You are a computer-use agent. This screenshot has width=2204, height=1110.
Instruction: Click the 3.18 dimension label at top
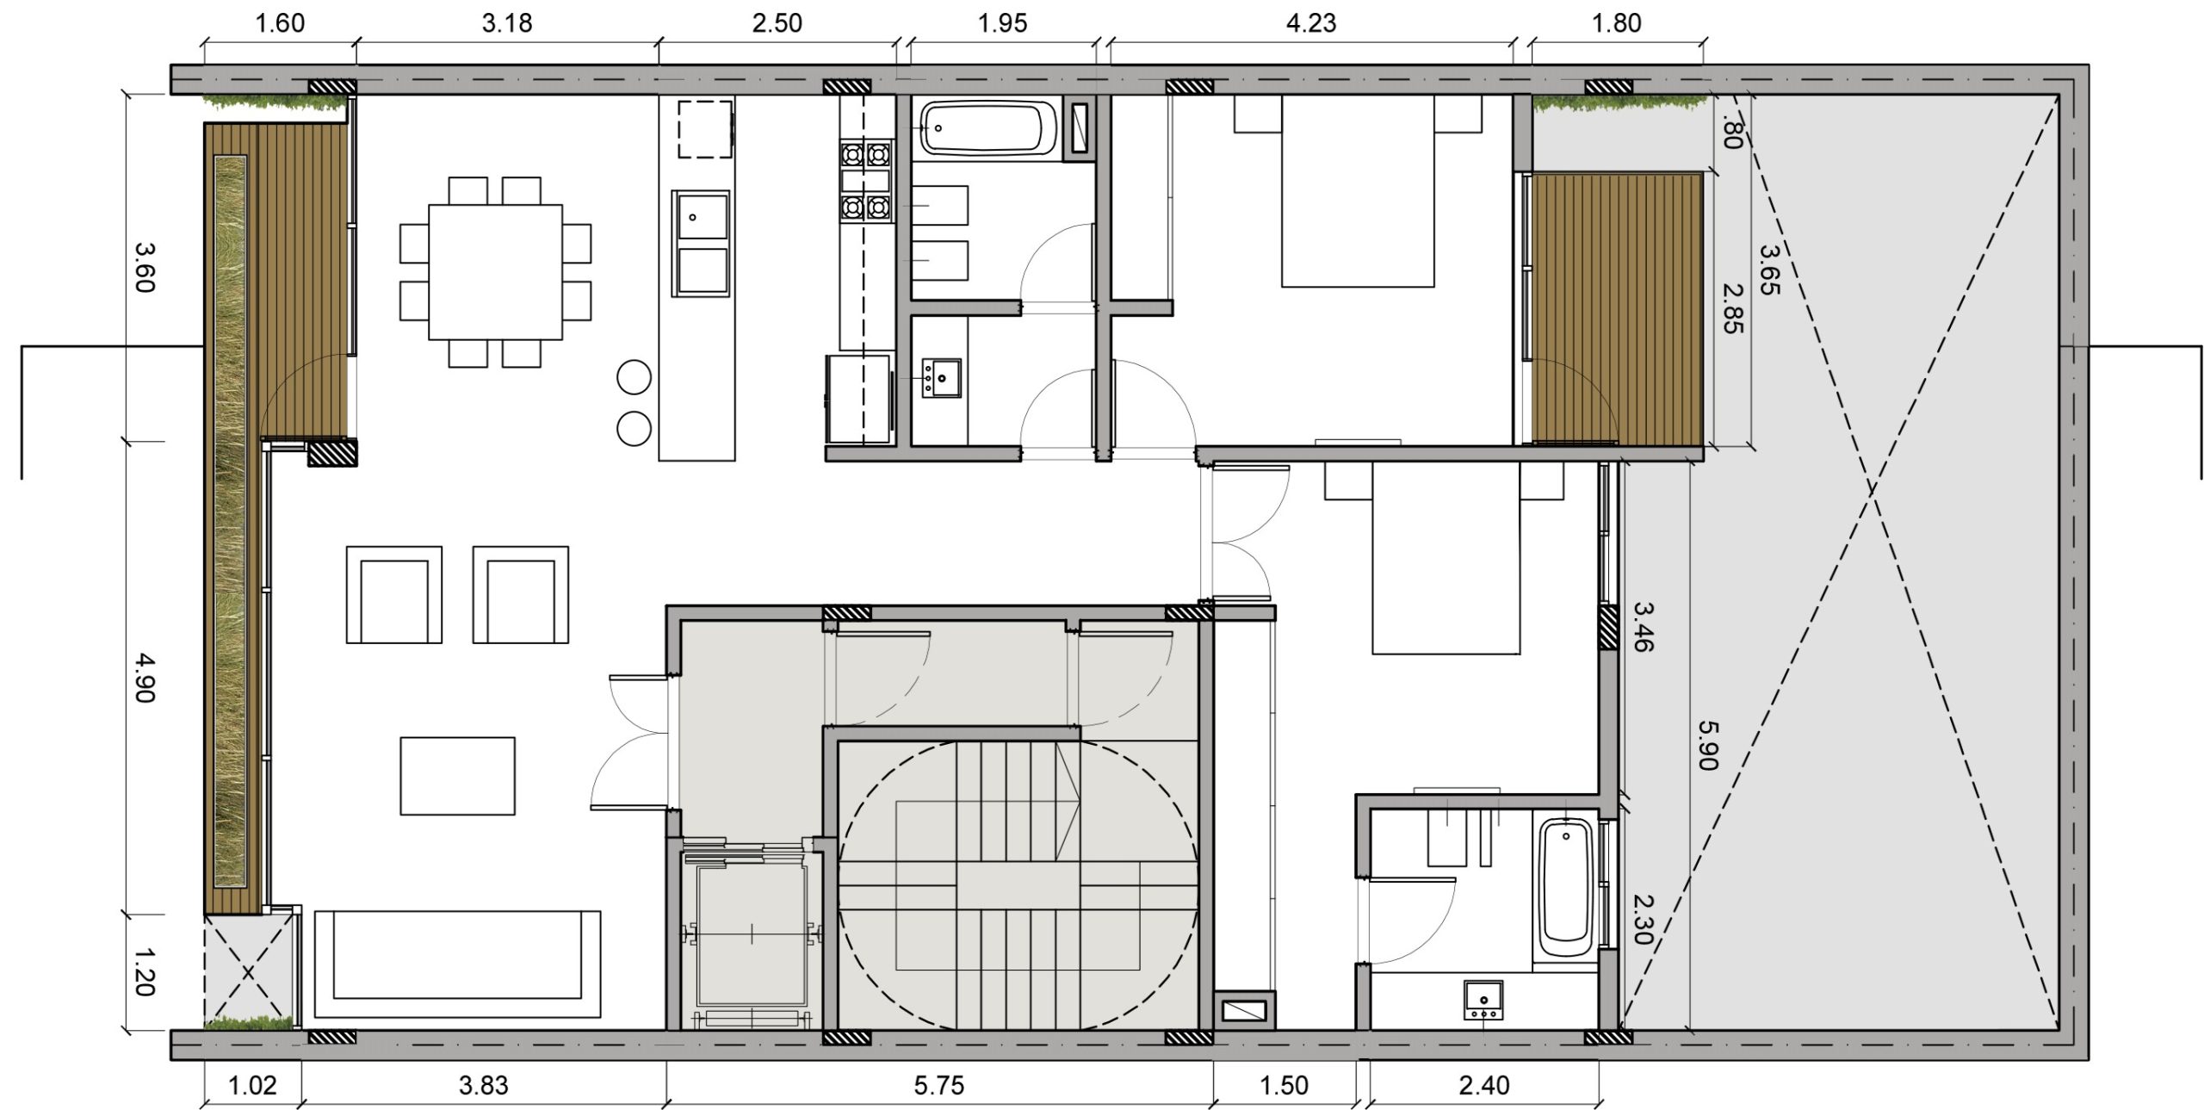pos(507,23)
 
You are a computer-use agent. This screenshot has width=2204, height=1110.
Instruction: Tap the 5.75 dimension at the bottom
pos(938,1086)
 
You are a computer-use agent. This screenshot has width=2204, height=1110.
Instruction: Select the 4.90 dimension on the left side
pos(144,678)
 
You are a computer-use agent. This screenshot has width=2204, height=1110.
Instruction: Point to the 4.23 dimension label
pos(1311,23)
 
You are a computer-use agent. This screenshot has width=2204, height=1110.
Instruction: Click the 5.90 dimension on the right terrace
pos(1708,745)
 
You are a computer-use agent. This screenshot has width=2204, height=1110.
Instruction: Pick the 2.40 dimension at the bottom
pos(1484,1086)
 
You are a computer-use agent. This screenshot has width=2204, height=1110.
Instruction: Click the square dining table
pos(495,272)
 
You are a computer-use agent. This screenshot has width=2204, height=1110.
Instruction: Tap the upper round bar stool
pos(635,376)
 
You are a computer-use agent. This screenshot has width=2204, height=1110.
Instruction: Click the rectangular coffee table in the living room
pos(457,776)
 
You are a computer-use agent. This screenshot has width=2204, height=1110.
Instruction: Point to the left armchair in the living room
pos(394,594)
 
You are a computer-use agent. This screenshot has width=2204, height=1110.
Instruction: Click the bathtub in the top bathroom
pos(988,130)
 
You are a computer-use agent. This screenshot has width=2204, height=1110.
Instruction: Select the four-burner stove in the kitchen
pos(865,182)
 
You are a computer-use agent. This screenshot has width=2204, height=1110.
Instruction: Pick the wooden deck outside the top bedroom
pos(1618,308)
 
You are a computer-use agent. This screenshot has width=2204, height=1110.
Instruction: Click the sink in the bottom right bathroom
pos(1483,1000)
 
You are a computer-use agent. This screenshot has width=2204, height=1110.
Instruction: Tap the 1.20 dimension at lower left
pos(144,971)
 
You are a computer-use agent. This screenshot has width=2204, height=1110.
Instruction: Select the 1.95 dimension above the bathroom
pos(1002,23)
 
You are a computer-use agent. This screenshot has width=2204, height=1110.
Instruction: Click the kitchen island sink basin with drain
pos(703,215)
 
